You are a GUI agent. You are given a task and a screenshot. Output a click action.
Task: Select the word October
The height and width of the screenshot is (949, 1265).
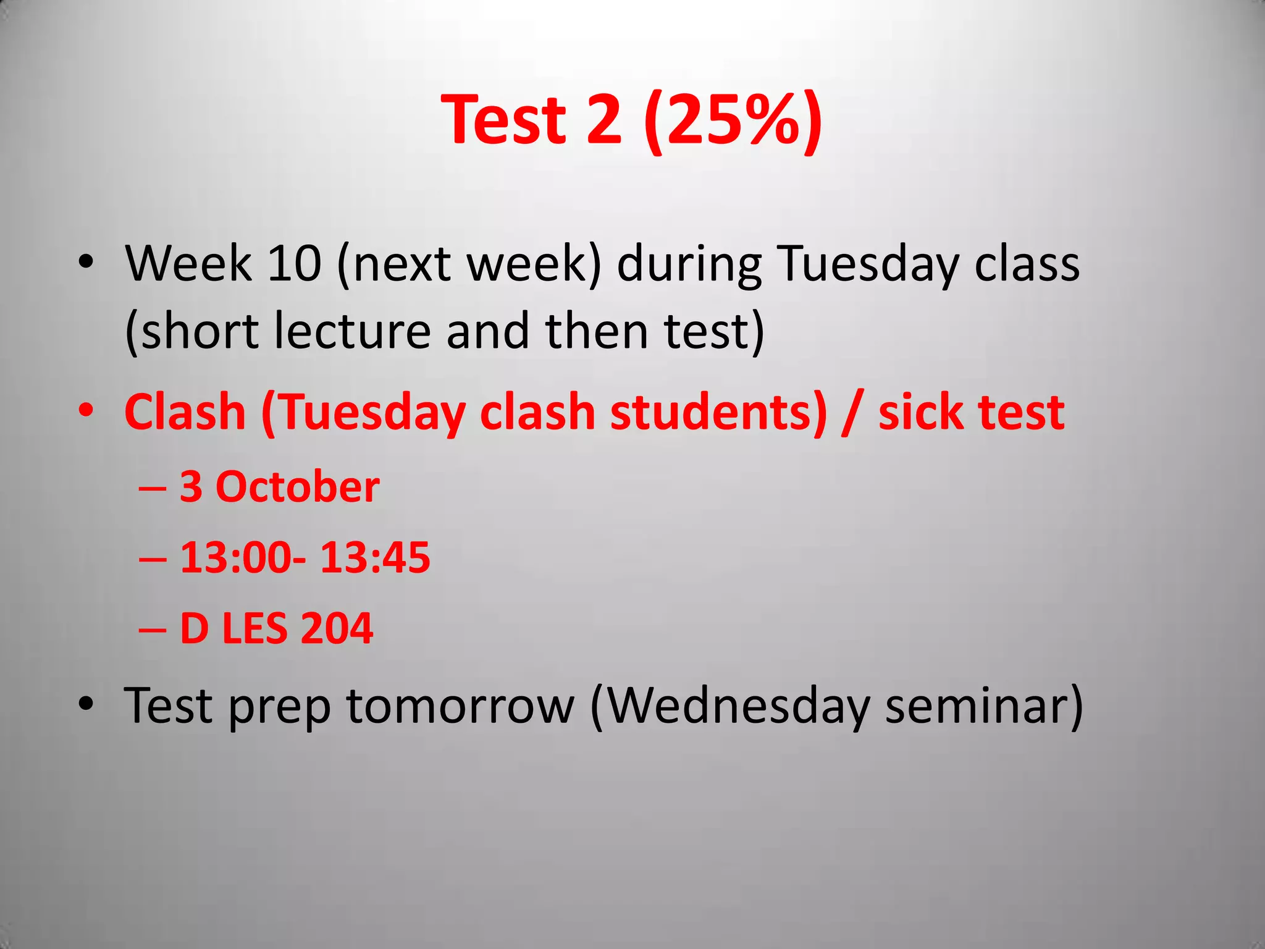[297, 487]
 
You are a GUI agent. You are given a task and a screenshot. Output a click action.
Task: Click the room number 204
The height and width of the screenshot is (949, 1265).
[337, 628]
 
